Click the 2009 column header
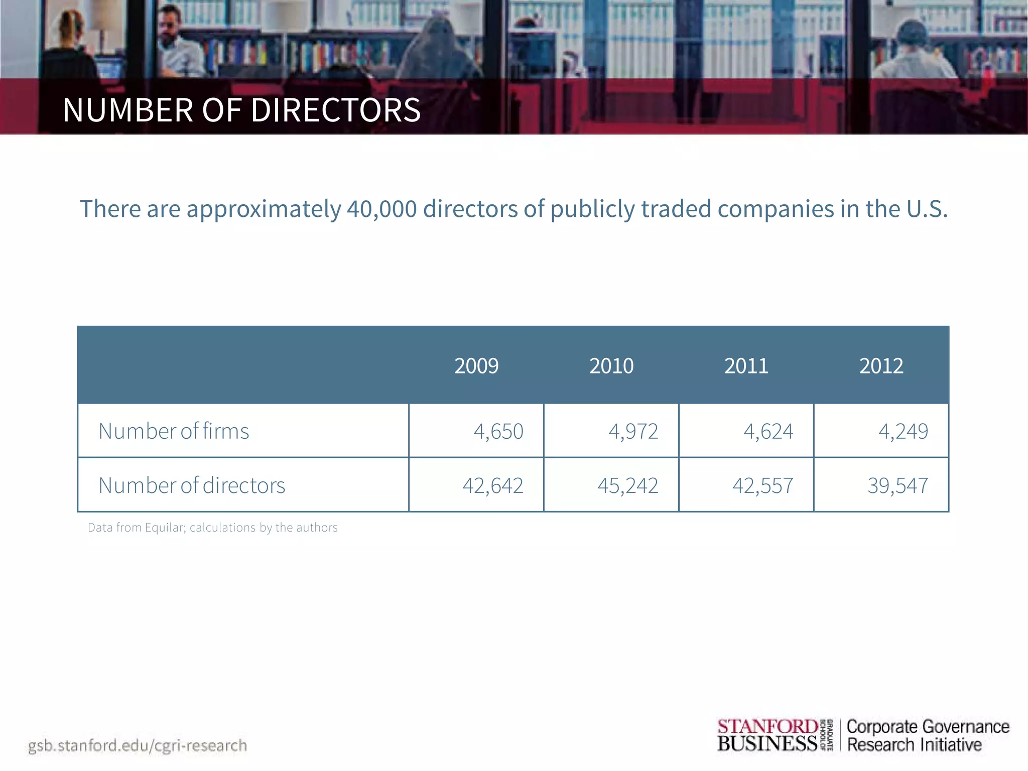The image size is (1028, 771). pos(476,366)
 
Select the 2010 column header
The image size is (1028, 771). pos(611,366)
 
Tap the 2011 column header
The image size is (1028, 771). pos(746,366)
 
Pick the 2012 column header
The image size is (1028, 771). pos(881,366)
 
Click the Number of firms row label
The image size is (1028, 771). pos(174,431)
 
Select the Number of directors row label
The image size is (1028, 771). pos(192,485)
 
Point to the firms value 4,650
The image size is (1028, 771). pos(498,431)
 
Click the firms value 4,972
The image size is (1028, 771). pos(633,431)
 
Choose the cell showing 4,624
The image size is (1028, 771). pos(768,431)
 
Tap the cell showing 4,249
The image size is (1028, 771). pos(903,431)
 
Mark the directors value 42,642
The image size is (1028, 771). pos(492,485)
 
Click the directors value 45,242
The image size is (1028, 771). pos(627,485)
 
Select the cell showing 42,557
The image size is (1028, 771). pos(762,485)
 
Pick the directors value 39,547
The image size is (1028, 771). pos(897,485)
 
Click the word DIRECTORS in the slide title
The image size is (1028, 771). pos(335,110)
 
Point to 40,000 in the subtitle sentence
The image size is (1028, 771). pos(381,209)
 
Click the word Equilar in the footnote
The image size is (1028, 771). pos(165,528)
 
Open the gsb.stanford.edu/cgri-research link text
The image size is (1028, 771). pos(138,745)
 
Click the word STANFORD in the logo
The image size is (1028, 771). pos(767,726)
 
